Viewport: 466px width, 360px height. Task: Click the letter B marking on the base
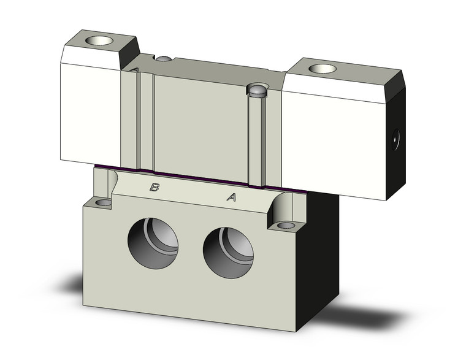pos(155,188)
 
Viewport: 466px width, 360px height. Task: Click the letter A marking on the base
pos(232,197)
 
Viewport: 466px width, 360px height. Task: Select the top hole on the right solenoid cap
pos(319,67)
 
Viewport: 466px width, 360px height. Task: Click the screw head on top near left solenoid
pos(163,59)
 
